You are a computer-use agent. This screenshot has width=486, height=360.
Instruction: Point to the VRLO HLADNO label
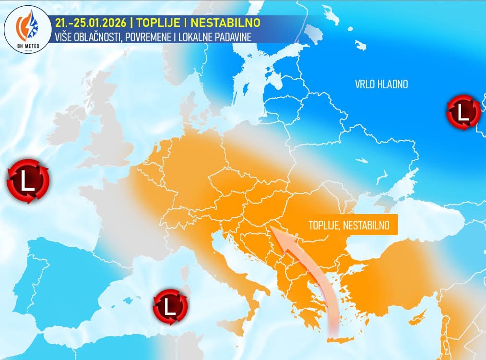click(x=381, y=84)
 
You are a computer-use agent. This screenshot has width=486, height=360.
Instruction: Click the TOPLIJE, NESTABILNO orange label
click(x=348, y=224)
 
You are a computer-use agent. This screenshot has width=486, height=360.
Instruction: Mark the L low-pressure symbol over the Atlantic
click(x=28, y=181)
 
